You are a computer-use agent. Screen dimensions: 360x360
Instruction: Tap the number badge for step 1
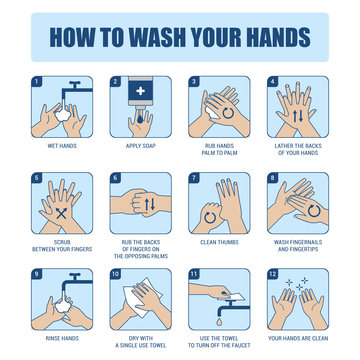click(36, 82)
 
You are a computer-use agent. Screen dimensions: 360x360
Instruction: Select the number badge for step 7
click(193, 178)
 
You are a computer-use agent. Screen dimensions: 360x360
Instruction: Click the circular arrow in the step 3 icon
click(229, 113)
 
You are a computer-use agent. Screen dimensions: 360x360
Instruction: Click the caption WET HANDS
click(61, 146)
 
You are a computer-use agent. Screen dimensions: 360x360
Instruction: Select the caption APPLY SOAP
click(139, 146)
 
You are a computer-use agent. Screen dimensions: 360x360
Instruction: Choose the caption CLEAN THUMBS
click(218, 242)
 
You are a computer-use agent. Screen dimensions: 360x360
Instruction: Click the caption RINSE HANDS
click(61, 338)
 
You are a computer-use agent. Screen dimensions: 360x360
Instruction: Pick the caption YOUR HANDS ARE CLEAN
click(297, 338)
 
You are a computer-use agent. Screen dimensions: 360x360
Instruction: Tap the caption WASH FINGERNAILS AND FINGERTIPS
click(297, 246)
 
